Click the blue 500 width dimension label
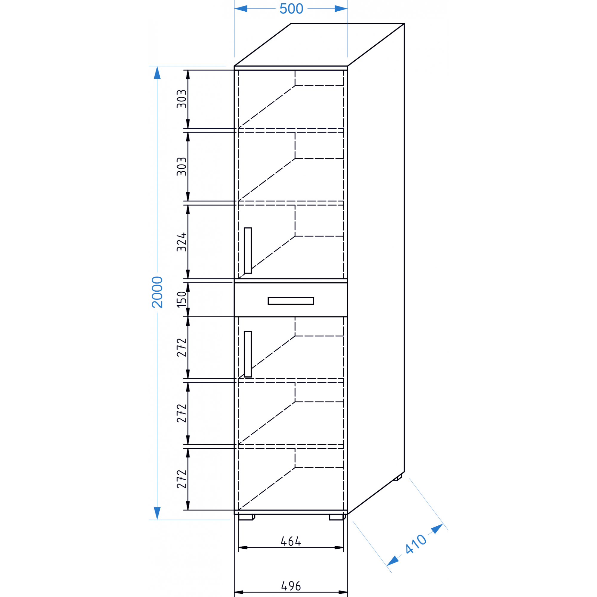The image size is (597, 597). (291, 9)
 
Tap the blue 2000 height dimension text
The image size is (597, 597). (157, 292)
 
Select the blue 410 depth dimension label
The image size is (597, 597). (416, 544)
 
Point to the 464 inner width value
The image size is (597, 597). (290, 541)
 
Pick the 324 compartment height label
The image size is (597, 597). (182, 242)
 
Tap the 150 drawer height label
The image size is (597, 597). (182, 299)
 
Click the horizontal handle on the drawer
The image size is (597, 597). (291, 301)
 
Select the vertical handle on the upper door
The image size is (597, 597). (248, 251)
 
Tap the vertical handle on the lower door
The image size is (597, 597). (248, 354)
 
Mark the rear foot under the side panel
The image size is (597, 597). (397, 477)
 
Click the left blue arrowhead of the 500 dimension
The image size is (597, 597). (241, 9)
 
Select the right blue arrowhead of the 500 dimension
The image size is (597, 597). (341, 9)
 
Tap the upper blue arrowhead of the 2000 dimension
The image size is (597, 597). (157, 73)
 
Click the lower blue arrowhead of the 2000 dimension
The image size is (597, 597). (157, 513)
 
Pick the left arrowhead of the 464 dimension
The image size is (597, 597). (243, 547)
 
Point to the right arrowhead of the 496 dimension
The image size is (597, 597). (343, 592)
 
